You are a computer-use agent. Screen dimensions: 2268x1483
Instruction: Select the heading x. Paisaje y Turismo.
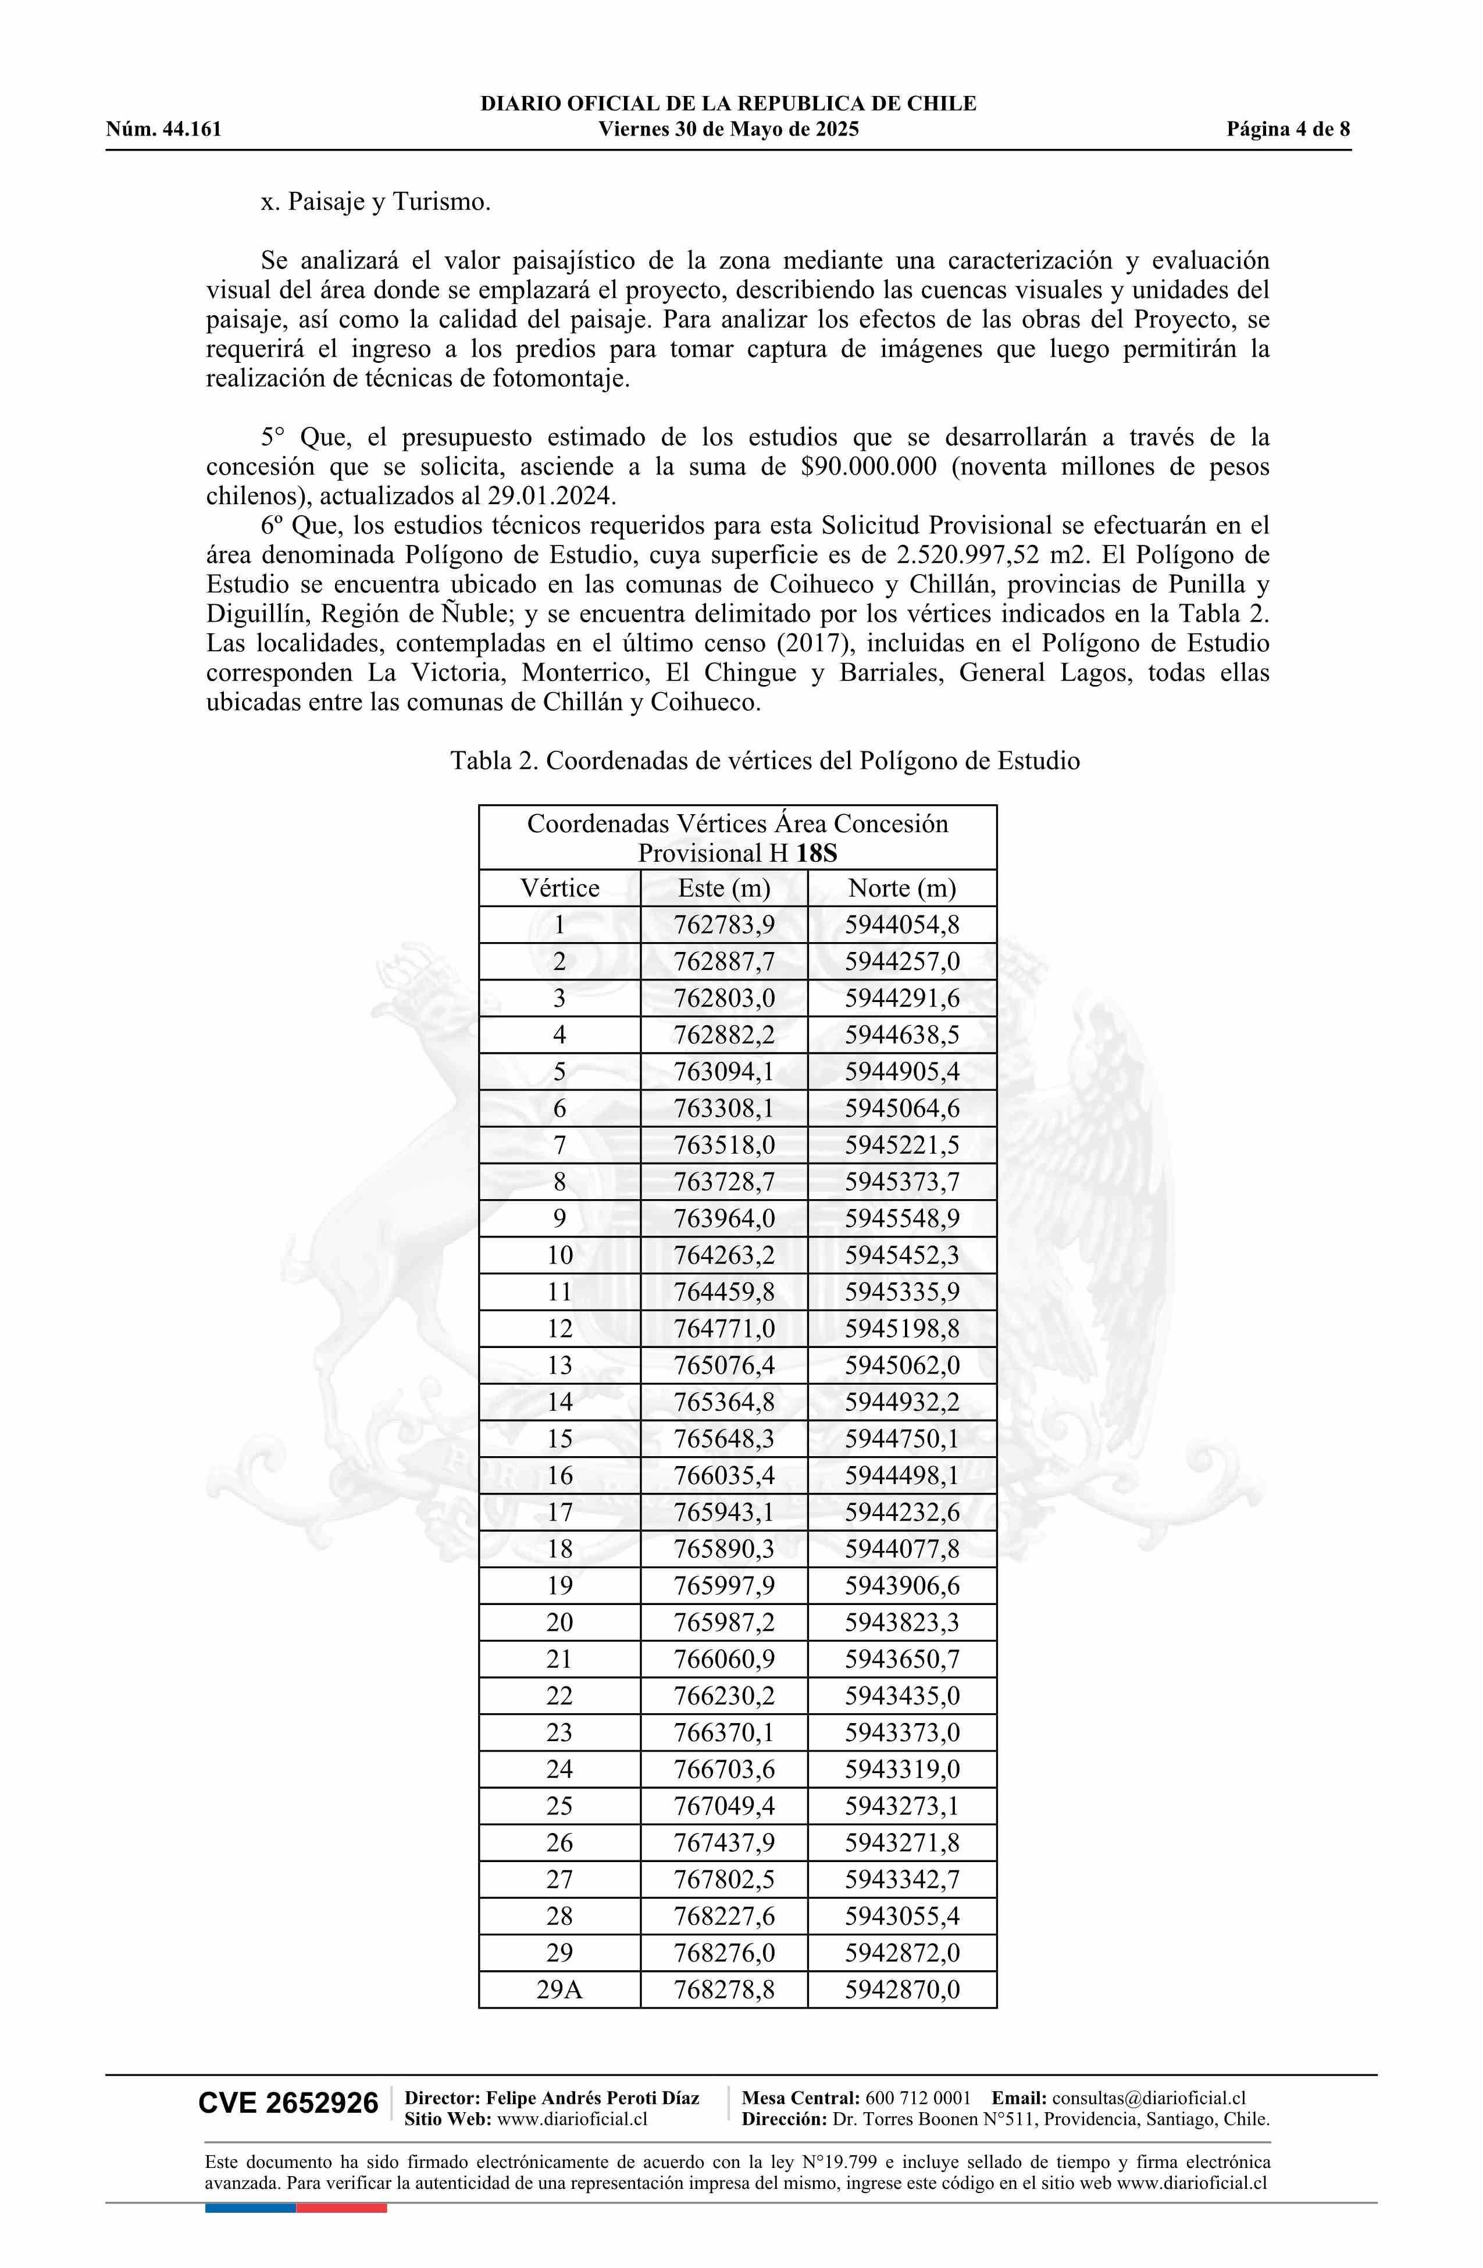pyautogui.click(x=376, y=202)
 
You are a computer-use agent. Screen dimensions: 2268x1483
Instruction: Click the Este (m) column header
pyautogui.click(x=723, y=888)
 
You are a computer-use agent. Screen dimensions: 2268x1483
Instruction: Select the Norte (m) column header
pyautogui.click(x=901, y=888)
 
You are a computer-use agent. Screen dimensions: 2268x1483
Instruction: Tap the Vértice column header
pyautogui.click(x=559, y=888)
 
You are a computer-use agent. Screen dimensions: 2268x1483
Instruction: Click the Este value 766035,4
pyautogui.click(x=723, y=1476)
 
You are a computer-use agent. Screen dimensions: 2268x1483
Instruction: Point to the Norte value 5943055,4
pyautogui.click(x=901, y=1916)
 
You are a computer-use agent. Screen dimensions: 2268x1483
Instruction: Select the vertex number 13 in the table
pyautogui.click(x=559, y=1365)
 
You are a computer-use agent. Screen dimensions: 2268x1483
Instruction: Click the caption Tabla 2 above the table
pyautogui.click(x=495, y=761)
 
